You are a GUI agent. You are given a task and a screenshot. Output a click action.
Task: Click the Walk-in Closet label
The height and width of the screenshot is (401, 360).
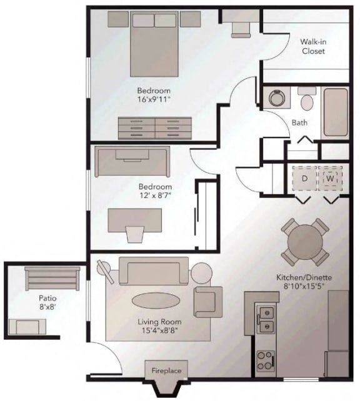point(312,46)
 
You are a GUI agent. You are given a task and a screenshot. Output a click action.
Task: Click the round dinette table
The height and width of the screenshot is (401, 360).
point(305,241)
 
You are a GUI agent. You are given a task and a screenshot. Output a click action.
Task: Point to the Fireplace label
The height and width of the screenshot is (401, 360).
point(166,371)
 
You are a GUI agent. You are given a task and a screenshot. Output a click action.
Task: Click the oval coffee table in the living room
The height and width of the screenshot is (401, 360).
point(156,300)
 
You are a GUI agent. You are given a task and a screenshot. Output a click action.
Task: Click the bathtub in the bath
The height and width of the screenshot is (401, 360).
point(335,113)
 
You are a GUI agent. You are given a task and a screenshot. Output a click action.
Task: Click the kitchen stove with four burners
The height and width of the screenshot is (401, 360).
point(266,360)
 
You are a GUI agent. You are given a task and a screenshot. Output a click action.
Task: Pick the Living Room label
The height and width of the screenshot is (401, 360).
point(156,323)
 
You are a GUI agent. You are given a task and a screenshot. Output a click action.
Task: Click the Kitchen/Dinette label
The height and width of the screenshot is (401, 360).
point(304,277)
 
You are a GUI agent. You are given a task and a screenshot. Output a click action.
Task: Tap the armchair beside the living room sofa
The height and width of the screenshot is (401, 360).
point(207,300)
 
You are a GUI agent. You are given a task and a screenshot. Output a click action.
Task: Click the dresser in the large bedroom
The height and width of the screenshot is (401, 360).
point(156,127)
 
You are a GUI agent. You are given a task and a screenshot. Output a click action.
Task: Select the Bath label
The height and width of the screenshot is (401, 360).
point(300,122)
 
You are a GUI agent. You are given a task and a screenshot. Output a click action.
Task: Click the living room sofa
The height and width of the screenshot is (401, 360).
point(154,270)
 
